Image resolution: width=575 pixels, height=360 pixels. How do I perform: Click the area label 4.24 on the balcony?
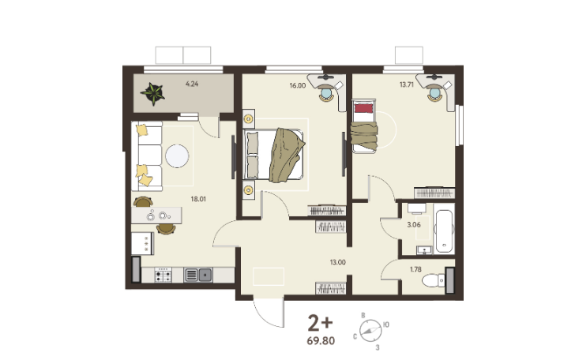(x=192, y=84)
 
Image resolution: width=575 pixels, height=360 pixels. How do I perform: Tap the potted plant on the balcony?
(x=152, y=93)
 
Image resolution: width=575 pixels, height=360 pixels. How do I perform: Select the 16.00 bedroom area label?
(x=298, y=85)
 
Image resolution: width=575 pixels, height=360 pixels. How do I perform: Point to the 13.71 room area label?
(x=407, y=84)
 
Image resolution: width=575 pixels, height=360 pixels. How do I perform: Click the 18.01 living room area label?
(x=198, y=199)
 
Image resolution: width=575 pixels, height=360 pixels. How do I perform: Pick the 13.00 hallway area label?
(x=337, y=262)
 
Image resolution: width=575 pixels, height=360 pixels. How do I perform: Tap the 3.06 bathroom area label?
(x=414, y=225)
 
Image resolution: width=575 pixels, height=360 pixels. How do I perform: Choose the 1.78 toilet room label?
(x=415, y=269)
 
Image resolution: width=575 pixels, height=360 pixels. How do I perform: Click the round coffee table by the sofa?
(x=177, y=156)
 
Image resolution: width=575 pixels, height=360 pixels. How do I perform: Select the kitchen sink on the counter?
(x=198, y=275)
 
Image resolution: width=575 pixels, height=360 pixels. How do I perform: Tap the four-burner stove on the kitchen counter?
(x=163, y=275)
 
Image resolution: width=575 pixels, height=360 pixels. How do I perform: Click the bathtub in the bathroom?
(x=444, y=231)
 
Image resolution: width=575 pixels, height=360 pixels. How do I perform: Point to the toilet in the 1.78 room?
(x=433, y=281)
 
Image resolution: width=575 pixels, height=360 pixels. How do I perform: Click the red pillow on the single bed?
(x=363, y=108)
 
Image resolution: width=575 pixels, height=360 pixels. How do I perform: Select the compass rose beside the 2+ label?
(x=370, y=331)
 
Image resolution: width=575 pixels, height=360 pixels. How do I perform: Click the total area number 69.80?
(x=321, y=341)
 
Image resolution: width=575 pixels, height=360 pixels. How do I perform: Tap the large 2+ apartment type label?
(x=320, y=324)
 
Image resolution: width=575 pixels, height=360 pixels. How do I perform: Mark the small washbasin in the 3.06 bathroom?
(x=424, y=250)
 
